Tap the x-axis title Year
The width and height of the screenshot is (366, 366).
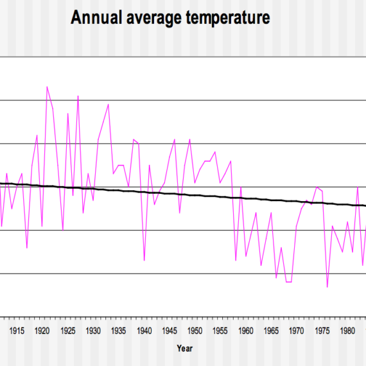[184, 348]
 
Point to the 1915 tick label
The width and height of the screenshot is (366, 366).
[17, 331]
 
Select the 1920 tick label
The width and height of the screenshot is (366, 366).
[42, 331]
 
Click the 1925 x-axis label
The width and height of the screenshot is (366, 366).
[68, 331]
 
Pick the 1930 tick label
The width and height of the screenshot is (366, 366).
[93, 331]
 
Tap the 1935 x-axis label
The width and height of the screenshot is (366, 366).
[119, 331]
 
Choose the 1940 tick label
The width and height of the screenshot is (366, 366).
[144, 331]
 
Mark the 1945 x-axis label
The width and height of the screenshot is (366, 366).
[170, 331]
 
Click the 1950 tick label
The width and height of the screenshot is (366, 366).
[195, 331]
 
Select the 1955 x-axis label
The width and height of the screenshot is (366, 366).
[220, 331]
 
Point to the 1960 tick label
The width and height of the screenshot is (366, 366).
[245, 331]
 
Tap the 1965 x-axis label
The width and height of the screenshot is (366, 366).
[271, 331]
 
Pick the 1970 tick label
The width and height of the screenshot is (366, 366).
[296, 331]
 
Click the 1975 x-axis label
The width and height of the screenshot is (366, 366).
[322, 331]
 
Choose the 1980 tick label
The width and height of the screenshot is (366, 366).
[347, 331]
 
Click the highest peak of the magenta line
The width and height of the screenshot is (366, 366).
[47, 87]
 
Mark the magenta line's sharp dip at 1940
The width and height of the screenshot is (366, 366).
[144, 260]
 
